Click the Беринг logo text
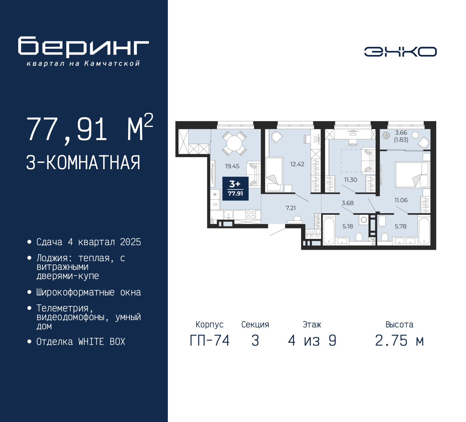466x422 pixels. click(x=83, y=47)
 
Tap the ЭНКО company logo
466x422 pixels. click(x=400, y=52)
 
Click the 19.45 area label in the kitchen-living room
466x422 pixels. click(x=232, y=166)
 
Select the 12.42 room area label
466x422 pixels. click(x=297, y=164)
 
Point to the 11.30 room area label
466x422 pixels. click(x=351, y=180)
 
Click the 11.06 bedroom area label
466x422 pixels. click(x=401, y=200)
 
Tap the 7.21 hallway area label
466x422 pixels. click(x=291, y=208)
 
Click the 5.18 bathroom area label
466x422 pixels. click(x=347, y=226)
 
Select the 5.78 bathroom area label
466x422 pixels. click(x=400, y=226)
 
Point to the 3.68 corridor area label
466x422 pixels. click(x=347, y=203)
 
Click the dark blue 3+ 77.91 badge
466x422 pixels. click(x=235, y=188)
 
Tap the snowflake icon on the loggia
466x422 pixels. click(x=386, y=136)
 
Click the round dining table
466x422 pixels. click(x=234, y=143)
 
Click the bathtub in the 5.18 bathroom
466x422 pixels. click(x=328, y=231)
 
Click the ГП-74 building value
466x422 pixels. click(x=210, y=341)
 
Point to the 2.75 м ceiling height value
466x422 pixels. click(x=399, y=341)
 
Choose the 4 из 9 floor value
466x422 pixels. click(x=312, y=341)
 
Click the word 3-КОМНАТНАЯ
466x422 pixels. click(x=83, y=163)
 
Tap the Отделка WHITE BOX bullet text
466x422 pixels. click(x=81, y=342)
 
